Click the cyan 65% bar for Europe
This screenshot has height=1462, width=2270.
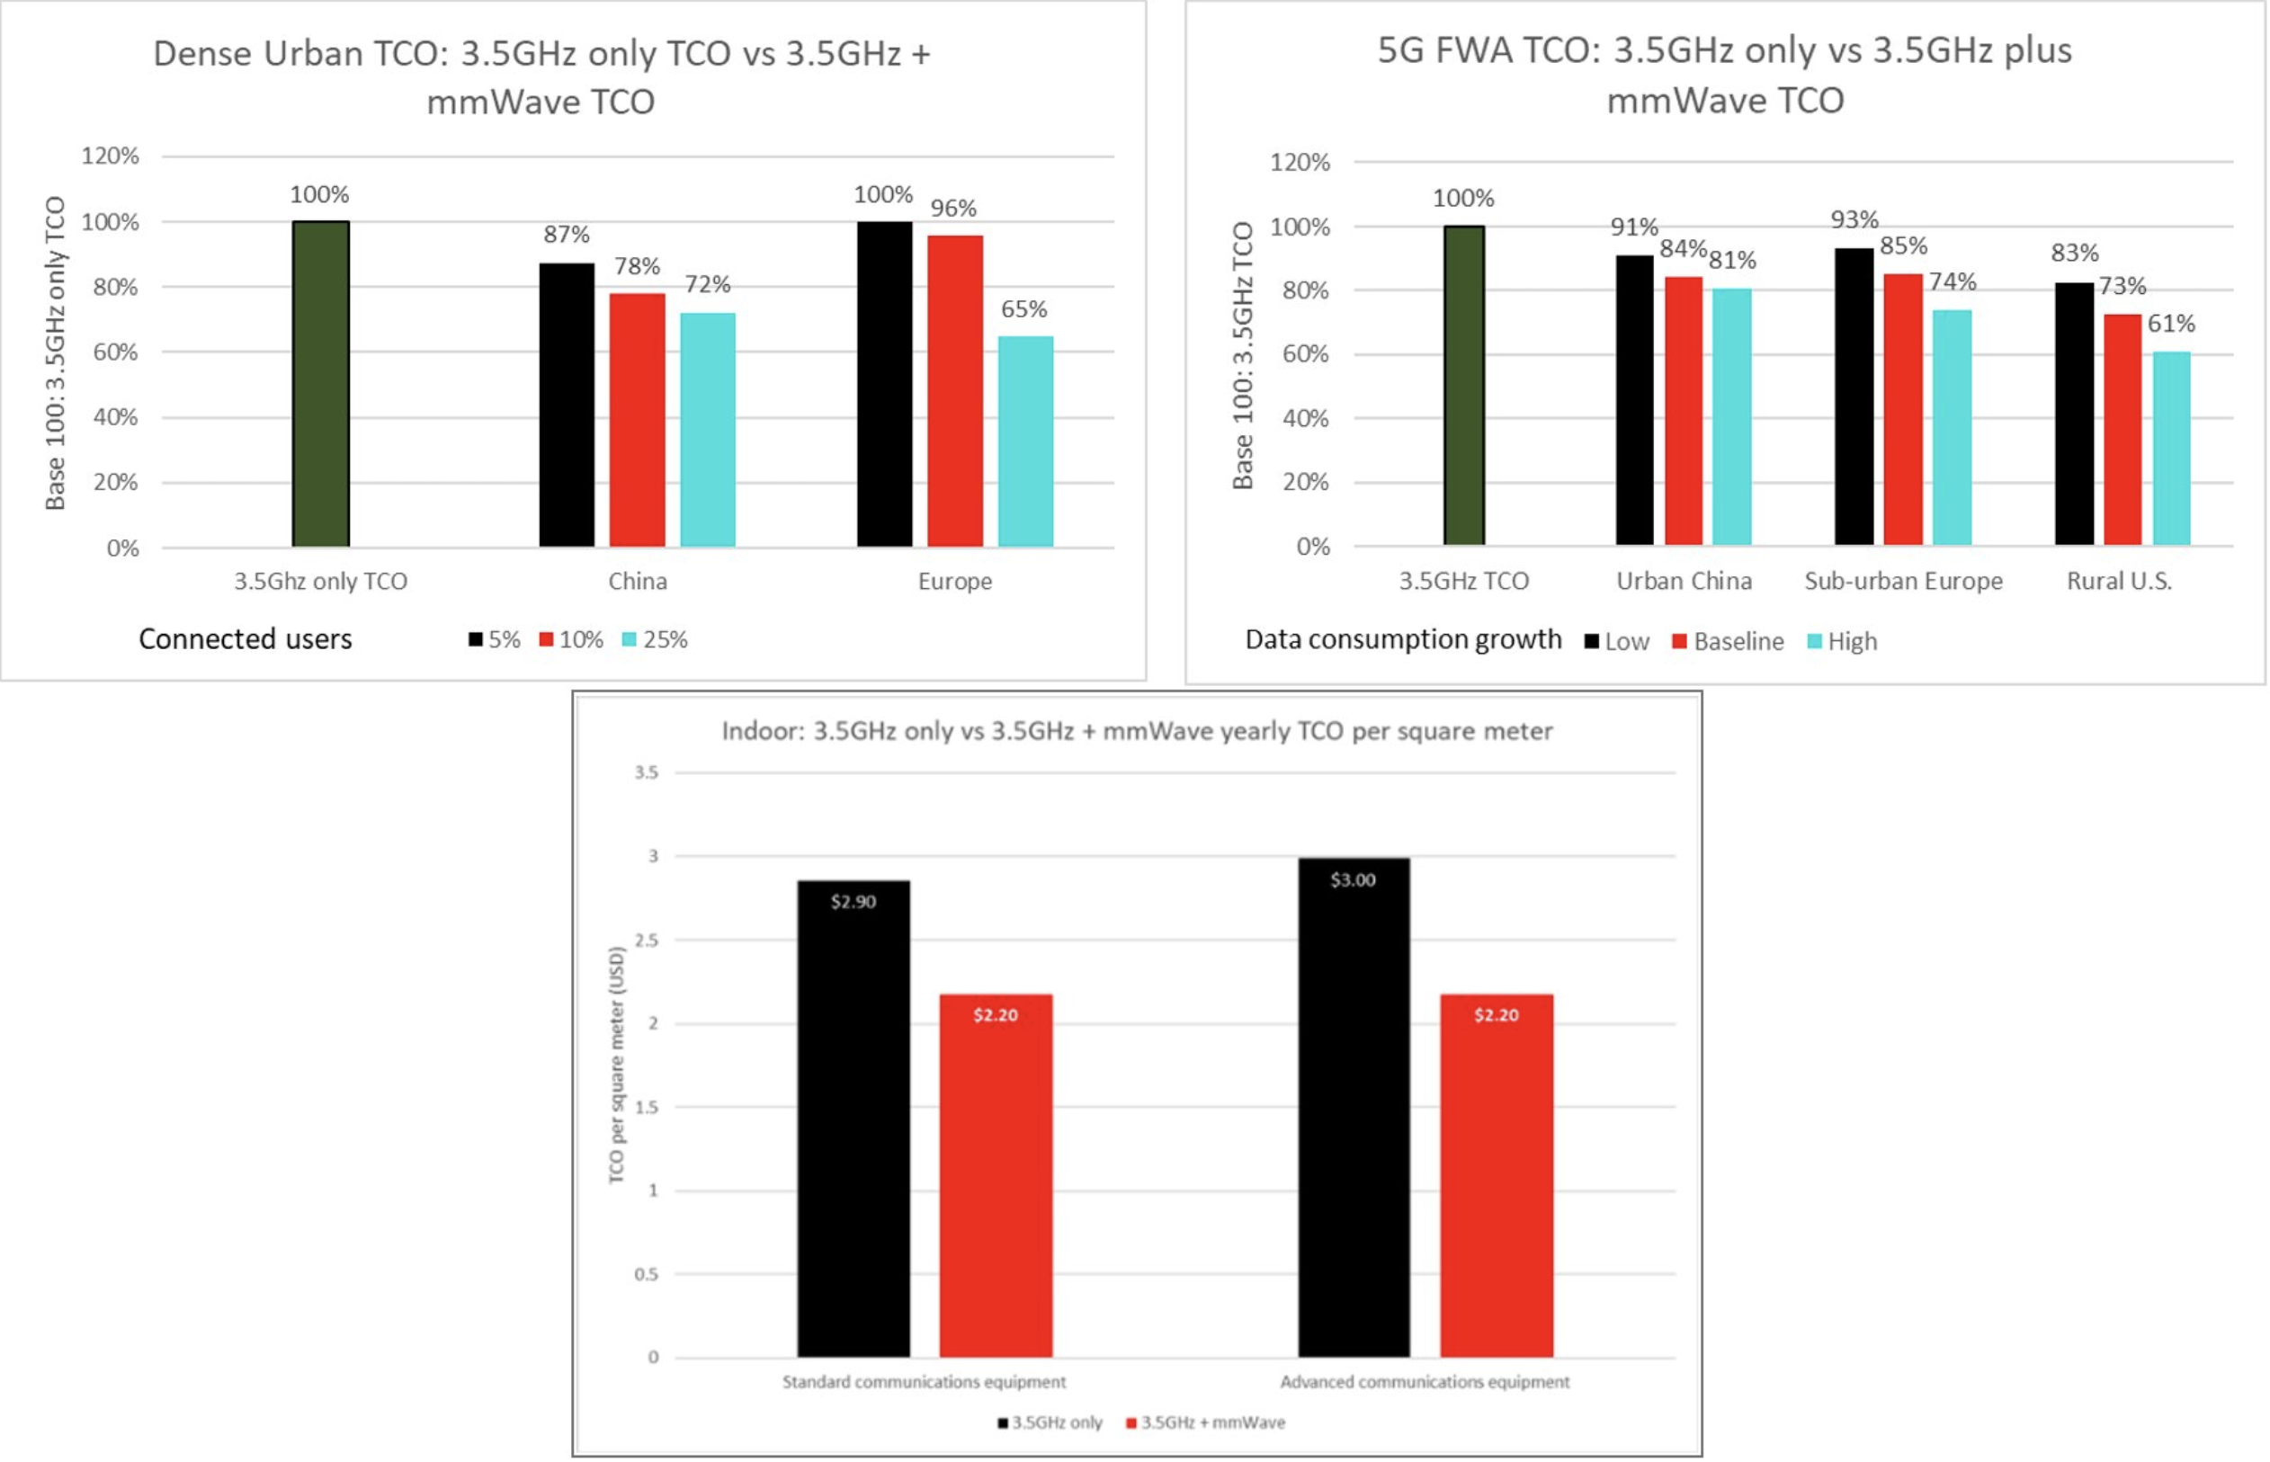pos(1025,441)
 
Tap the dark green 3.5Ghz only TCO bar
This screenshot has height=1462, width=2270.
pos(321,384)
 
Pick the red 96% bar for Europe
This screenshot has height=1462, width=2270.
pos(955,390)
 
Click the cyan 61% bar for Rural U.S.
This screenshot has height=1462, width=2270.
pos(2171,448)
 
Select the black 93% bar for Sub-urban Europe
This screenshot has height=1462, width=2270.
pos(1854,396)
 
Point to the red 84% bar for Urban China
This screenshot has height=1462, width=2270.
pos(1684,410)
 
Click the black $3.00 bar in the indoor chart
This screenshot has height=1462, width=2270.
pos(1354,1107)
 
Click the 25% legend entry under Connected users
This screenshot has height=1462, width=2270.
pos(655,640)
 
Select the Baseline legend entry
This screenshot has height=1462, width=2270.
pos(1728,642)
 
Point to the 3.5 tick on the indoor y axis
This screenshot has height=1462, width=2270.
pos(647,772)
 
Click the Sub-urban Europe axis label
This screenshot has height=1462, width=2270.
pos(1904,581)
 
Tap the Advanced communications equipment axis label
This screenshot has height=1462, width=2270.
pos(1424,1381)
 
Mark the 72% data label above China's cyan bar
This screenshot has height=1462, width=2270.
pos(708,284)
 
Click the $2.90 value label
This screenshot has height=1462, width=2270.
pos(853,901)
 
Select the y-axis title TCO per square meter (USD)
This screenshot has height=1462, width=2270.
pos(617,1065)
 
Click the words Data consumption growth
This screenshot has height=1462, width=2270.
pos(1403,640)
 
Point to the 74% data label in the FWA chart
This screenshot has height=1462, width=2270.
pos(1952,282)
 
